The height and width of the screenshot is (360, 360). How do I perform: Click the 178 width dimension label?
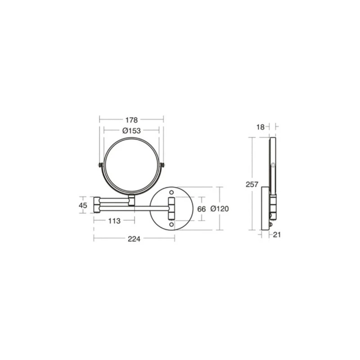click(131, 120)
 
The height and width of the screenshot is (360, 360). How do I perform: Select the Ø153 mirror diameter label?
click(131, 130)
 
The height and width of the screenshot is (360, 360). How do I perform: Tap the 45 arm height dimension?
click(83, 205)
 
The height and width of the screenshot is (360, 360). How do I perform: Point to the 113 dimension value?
click(114, 221)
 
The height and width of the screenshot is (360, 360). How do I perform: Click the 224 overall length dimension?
click(134, 239)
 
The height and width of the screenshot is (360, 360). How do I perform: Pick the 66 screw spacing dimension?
click(201, 209)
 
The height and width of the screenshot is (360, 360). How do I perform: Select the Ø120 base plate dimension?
click(220, 209)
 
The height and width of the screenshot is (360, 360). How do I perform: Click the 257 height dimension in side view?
click(252, 184)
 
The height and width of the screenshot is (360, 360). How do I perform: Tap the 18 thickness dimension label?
click(261, 127)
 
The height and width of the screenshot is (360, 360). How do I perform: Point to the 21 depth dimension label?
click(277, 234)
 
